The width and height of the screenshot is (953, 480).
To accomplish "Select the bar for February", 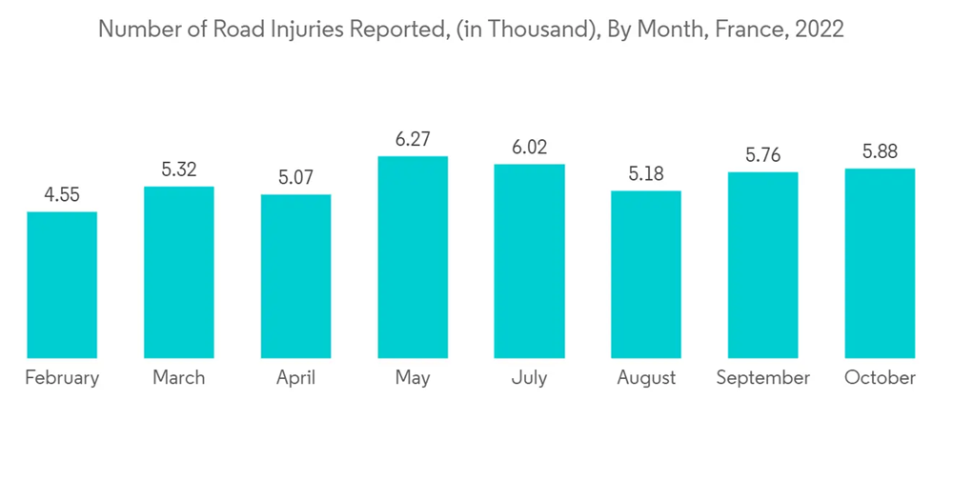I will tap(62, 285).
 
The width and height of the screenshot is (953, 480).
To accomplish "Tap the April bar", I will tap(295, 276).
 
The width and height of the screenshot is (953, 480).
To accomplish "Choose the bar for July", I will tap(529, 261).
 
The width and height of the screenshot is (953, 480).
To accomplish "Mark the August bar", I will tap(646, 274).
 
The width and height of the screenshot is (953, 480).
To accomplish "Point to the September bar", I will tap(762, 265).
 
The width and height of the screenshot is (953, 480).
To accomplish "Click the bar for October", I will tap(880, 263).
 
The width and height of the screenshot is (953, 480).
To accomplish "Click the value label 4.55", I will tap(62, 195).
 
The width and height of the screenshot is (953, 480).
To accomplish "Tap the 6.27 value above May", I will tap(413, 140).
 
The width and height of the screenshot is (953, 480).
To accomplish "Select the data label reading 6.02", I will tap(529, 148).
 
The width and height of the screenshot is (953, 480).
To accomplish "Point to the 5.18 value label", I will tap(646, 174).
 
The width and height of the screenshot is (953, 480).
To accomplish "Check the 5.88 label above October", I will tap(880, 152).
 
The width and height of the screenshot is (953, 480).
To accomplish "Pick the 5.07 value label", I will tap(295, 178).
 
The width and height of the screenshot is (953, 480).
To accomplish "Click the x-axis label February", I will tap(62, 378).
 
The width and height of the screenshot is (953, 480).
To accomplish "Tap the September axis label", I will tap(762, 378).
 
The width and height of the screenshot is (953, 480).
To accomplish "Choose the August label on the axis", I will tap(646, 378).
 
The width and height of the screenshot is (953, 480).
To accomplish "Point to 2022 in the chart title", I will tap(820, 30).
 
